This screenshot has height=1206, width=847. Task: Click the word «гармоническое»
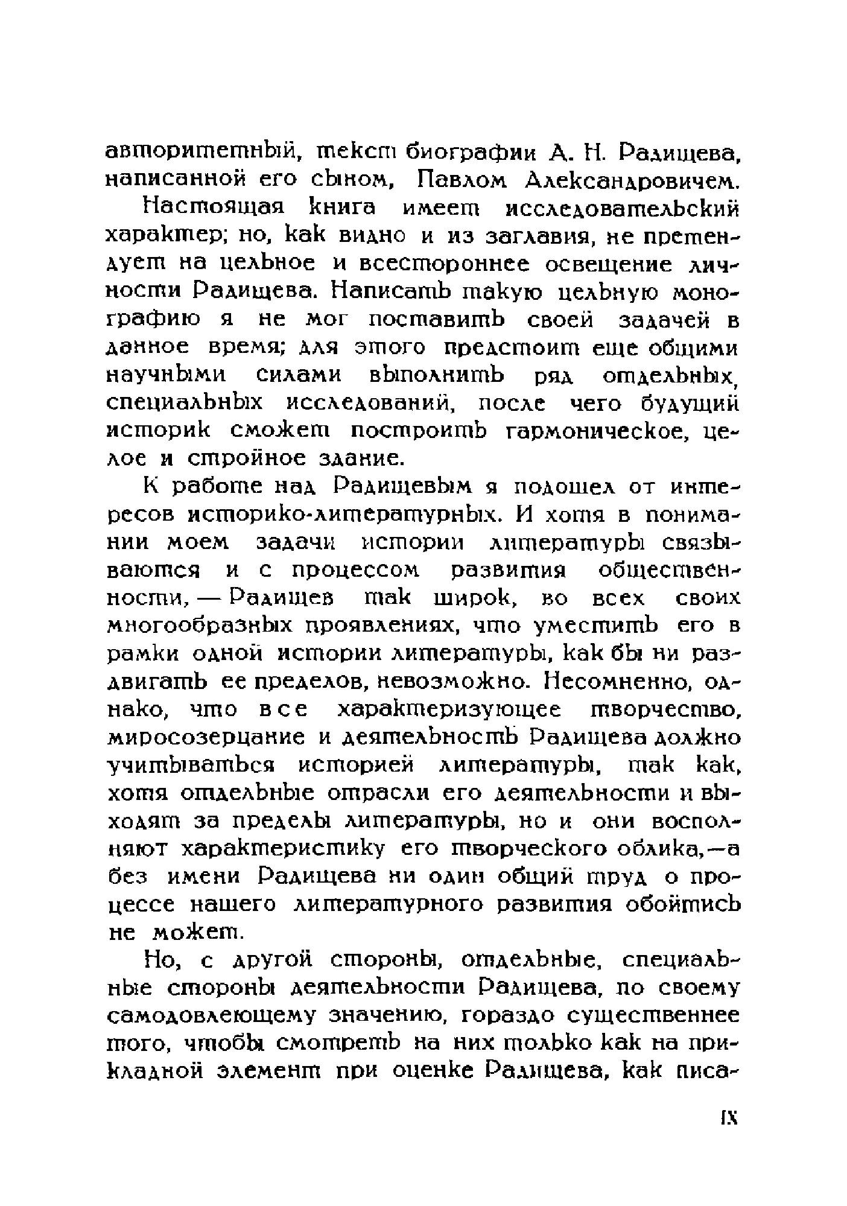point(597,431)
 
